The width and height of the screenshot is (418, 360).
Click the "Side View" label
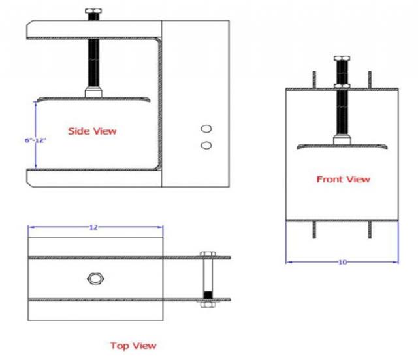pos(92,131)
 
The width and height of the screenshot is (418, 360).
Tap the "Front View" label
pos(343,179)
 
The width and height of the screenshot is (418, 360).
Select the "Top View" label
pos(133,344)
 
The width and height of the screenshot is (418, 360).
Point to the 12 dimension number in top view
pos(93,227)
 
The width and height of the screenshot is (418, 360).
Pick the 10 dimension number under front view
pos(342,262)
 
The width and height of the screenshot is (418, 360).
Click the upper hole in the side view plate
pos(206,129)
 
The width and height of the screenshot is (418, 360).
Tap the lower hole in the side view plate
pos(206,143)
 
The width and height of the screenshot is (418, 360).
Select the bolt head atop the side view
pos(91,12)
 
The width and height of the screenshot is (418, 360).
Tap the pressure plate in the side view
pos(93,99)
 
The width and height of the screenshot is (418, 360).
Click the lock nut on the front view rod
pos(342,85)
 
